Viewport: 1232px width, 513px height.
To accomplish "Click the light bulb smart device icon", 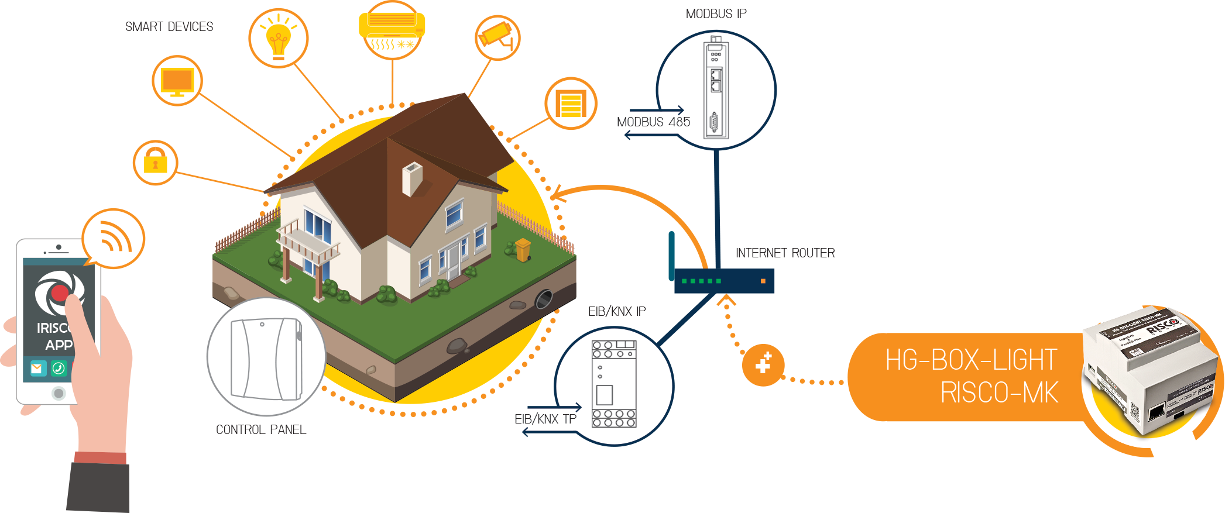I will pos(279,39).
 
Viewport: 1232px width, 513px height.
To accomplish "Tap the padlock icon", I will pos(155,162).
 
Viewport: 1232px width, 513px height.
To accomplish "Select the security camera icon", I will pos(497,36).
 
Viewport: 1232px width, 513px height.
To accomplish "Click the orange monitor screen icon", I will pos(177,81).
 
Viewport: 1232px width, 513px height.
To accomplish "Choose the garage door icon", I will pos(571,104).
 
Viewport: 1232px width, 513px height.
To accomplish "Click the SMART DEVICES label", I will pos(169,27).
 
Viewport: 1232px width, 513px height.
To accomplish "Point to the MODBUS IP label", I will pos(716,13).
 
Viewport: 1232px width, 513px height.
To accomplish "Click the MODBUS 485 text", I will pos(653,122).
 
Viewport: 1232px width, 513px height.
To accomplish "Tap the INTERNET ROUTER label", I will pos(785,253).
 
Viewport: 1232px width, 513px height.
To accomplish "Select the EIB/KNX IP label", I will pos(617,311).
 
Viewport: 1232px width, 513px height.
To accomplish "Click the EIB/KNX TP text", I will pos(545,419).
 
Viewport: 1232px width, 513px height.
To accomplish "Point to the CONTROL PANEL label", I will pos(261,430).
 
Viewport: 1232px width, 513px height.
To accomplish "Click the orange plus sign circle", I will pos(763,364).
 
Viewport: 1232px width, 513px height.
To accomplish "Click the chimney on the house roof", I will pos(411,178).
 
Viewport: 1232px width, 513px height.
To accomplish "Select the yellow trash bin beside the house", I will pos(523,249).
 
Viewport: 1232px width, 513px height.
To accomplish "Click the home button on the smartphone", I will pos(58,393).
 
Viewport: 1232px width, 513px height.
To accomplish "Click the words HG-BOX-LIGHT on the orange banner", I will pos(971,360).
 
